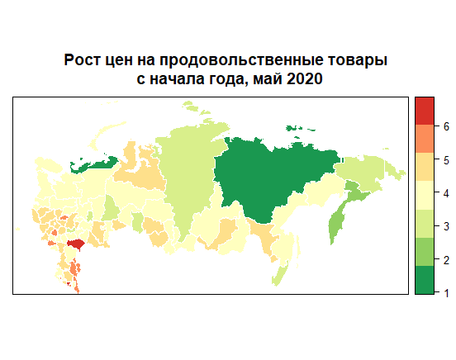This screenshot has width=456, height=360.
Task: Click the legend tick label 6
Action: pos(445,126)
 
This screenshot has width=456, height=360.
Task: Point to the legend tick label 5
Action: pos(445,160)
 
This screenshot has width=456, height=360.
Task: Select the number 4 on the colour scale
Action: pos(445,193)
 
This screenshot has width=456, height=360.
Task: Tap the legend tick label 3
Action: pos(445,226)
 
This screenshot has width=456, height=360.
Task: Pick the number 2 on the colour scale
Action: pos(445,260)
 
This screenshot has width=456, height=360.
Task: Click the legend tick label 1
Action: pos(445,293)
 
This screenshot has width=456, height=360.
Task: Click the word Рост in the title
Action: pos(85,61)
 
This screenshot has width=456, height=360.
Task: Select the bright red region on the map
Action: pos(76,244)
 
